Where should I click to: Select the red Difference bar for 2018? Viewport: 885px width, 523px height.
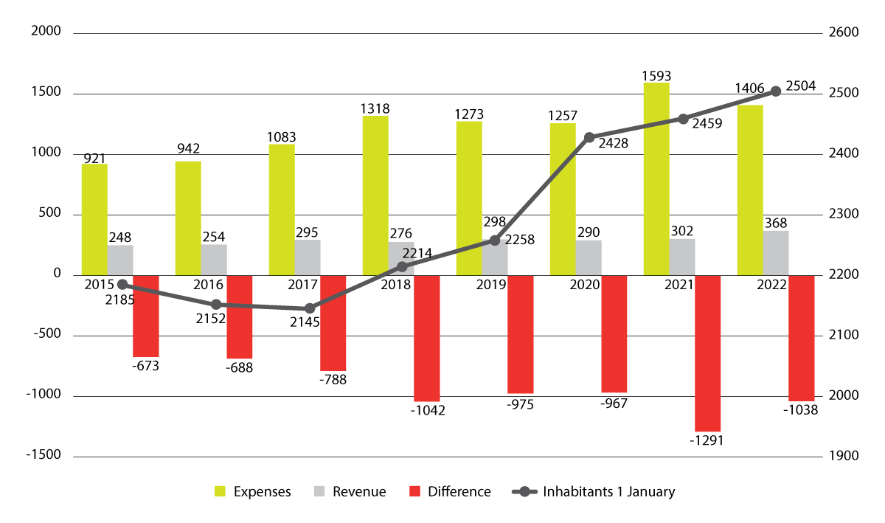pyautogui.click(x=426, y=338)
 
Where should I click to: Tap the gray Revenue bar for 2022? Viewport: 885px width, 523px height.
pyautogui.click(x=775, y=253)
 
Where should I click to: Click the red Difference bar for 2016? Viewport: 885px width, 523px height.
pyautogui.click(x=239, y=316)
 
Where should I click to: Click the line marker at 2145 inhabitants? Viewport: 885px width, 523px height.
pyautogui.click(x=309, y=308)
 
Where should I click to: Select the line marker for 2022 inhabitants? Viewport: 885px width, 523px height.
pyautogui.click(x=775, y=91)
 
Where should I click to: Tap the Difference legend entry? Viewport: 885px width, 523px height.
pyautogui.click(x=449, y=492)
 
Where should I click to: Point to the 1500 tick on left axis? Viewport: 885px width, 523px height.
pyautogui.click(x=46, y=94)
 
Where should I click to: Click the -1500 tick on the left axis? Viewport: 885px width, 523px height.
pyautogui.click(x=43, y=456)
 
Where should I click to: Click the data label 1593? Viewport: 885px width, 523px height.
pyautogui.click(x=656, y=75)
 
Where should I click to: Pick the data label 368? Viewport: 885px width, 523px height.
pyautogui.click(x=777, y=223)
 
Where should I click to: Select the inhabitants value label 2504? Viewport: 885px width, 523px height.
pyautogui.click(x=801, y=86)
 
